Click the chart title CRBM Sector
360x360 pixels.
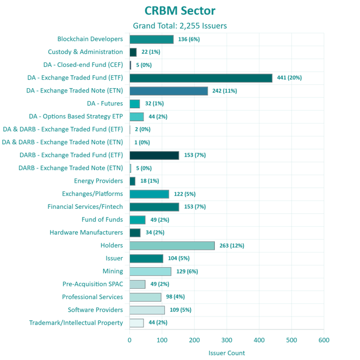click(180, 11)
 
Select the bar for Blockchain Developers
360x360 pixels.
click(151, 39)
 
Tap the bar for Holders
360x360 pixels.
click(172, 246)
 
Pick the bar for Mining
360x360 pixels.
click(150, 271)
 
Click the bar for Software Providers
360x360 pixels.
click(147, 310)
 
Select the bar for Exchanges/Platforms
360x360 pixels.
click(149, 194)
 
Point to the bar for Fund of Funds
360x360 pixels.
click(137, 220)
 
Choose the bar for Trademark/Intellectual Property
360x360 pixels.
click(136, 323)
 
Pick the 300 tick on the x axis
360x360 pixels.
click(227, 340)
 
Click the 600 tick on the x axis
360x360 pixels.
click(324, 340)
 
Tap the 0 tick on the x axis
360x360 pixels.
click(129, 340)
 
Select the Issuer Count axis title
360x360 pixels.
click(227, 352)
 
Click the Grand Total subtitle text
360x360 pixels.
click(180, 26)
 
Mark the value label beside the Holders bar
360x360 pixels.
click(232, 246)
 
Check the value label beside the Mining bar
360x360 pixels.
click(187, 271)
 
